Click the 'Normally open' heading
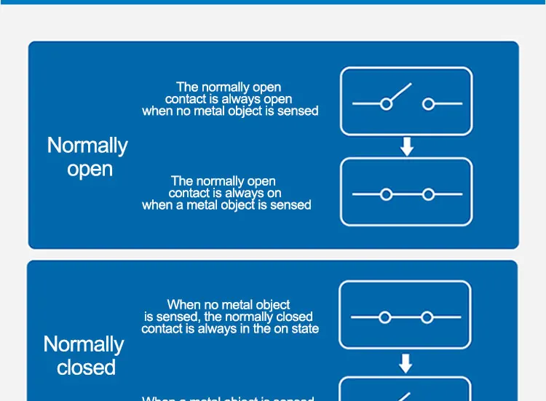(x=87, y=157)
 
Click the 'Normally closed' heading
(x=84, y=355)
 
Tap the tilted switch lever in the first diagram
(x=400, y=93)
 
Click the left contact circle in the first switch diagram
(x=387, y=104)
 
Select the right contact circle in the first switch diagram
(x=428, y=104)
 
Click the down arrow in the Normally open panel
(x=407, y=147)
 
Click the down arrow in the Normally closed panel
(x=405, y=363)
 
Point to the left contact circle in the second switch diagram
(x=387, y=194)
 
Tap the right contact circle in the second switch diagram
(x=428, y=194)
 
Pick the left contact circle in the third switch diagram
(x=385, y=317)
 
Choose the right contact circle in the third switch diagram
(x=427, y=317)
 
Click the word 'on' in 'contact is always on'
(x=273, y=194)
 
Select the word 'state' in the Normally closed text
(x=304, y=329)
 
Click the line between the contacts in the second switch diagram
(x=407, y=194)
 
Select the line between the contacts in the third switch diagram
(x=405, y=317)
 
